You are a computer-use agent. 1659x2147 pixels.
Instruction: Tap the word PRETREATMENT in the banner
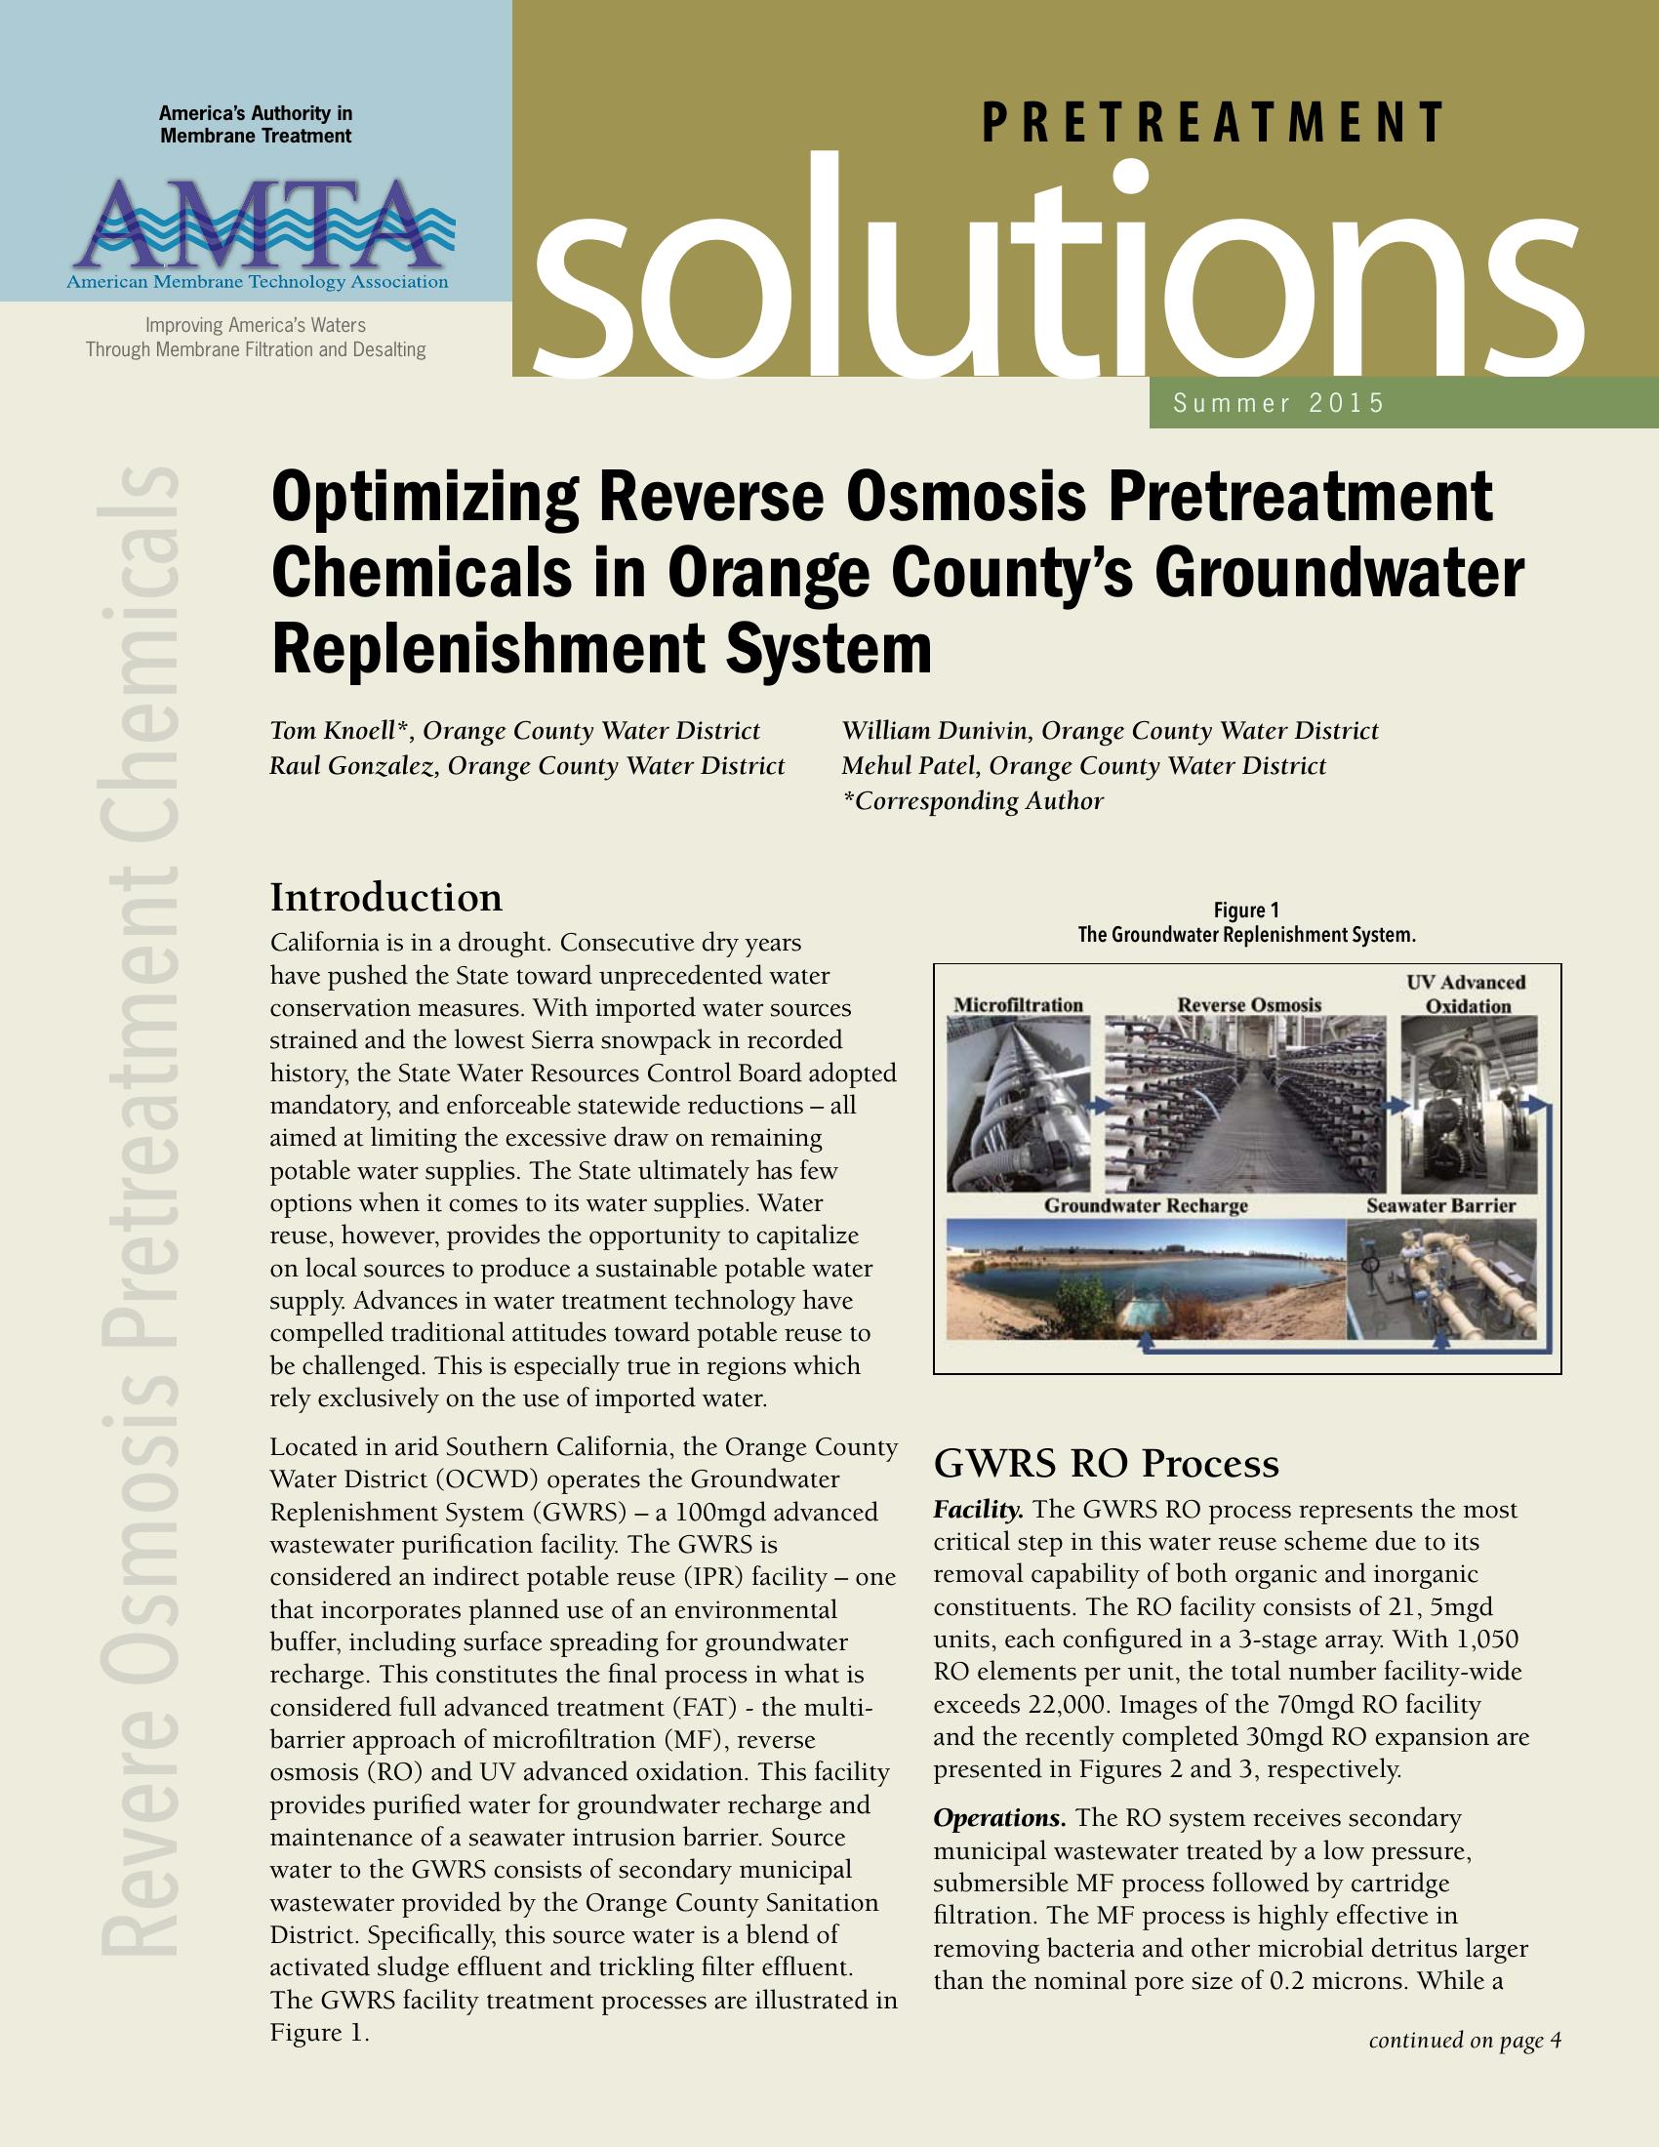[x=1213, y=123]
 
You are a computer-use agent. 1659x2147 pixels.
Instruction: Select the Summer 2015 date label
[x=1278, y=403]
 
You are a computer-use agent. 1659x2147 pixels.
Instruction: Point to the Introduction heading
[x=386, y=898]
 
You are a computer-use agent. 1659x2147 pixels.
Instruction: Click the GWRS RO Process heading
[x=1106, y=1464]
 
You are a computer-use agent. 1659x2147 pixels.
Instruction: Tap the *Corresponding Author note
[x=973, y=801]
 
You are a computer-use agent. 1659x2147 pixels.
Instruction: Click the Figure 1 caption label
[x=1246, y=911]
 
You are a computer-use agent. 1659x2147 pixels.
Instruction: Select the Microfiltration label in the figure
[x=1018, y=1004]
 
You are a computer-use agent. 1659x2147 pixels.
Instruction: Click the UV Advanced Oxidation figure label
[x=1467, y=993]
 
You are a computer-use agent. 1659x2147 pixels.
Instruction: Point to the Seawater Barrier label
[x=1440, y=1205]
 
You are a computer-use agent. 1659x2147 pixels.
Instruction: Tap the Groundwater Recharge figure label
[x=1146, y=1205]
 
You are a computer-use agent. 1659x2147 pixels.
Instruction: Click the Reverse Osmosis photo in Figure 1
[x=1244, y=1103]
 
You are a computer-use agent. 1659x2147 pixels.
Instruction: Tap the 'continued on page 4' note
[x=1465, y=2041]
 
